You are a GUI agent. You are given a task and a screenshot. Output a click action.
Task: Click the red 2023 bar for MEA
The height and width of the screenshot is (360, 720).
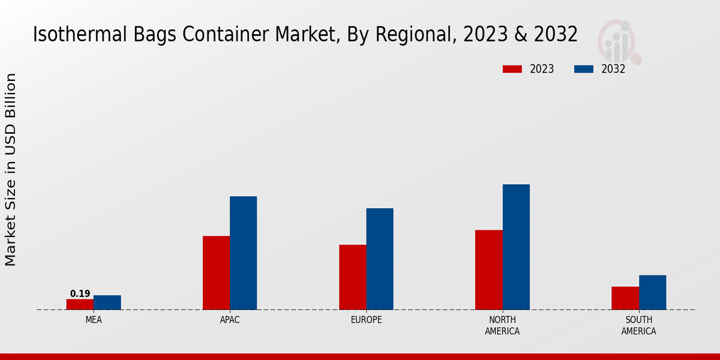(x=80, y=304)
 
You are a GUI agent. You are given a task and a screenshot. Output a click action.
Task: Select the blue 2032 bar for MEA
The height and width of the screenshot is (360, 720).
(x=107, y=302)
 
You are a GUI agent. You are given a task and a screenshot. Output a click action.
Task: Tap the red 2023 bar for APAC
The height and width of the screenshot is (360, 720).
(x=216, y=273)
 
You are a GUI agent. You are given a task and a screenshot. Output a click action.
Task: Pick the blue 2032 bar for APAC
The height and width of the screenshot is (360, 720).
(x=244, y=253)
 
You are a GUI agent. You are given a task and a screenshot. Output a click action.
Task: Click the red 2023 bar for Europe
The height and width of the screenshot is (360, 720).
(x=352, y=277)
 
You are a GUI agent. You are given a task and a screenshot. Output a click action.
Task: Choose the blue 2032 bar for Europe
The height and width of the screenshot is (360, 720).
(x=380, y=259)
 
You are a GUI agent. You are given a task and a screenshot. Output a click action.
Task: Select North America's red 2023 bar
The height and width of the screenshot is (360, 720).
(x=488, y=270)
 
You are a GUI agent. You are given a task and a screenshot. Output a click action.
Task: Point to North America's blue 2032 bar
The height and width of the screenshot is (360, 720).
(x=516, y=247)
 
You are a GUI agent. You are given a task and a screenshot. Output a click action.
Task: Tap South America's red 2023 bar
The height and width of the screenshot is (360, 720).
(x=625, y=298)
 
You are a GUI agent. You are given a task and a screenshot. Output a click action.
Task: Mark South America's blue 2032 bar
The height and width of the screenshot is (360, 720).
(x=653, y=292)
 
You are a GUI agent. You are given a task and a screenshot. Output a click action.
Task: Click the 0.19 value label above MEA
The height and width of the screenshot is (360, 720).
(x=80, y=293)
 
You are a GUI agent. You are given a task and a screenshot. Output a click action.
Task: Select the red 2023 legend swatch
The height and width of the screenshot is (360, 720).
(x=512, y=69)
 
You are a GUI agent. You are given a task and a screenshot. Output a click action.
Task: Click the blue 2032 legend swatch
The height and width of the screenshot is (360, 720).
(x=584, y=69)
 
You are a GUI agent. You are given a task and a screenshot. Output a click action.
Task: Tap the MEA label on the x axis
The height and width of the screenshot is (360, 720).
(x=94, y=320)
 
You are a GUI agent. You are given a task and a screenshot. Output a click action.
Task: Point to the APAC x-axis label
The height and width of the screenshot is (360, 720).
(x=230, y=320)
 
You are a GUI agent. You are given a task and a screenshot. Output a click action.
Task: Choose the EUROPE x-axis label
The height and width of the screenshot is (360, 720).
(x=366, y=320)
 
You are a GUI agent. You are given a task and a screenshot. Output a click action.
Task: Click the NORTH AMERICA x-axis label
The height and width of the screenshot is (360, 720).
(x=502, y=325)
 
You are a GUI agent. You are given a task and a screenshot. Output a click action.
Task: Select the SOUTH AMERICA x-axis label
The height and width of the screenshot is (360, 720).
(x=638, y=325)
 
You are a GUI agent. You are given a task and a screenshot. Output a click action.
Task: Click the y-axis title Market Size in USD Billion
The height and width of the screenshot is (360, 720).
(x=11, y=169)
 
